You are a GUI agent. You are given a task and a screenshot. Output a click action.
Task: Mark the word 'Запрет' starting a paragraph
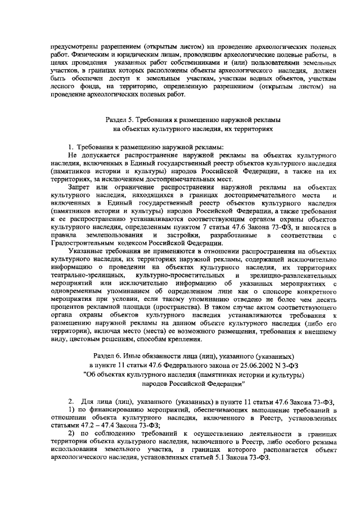coord(79,187)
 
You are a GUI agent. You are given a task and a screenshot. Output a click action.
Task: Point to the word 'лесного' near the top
coord(62,87)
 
